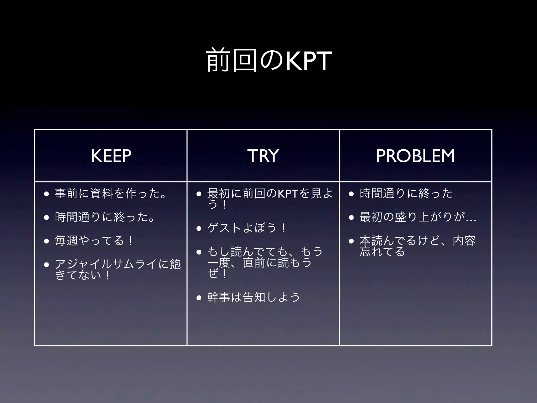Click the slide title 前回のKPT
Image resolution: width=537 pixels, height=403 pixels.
(269, 61)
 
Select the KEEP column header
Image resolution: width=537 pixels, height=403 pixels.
(111, 156)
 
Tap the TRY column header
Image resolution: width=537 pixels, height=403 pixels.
(263, 156)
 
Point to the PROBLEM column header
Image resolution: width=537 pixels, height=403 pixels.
(415, 156)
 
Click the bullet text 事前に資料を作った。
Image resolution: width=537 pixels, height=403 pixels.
(110, 194)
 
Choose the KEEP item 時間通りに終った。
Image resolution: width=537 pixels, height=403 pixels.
(104, 217)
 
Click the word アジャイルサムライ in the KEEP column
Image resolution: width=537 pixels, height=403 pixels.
(106, 264)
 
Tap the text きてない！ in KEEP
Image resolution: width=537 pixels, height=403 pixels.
(82, 275)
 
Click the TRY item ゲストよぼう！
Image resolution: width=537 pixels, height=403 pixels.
(246, 228)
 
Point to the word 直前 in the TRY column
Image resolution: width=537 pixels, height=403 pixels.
(254, 263)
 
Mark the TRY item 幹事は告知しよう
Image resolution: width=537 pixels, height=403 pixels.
(253, 297)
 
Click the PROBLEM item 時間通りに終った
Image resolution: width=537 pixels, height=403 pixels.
(406, 194)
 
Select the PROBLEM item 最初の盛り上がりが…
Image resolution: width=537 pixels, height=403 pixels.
(418, 217)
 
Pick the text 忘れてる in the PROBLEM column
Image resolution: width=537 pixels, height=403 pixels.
(382, 251)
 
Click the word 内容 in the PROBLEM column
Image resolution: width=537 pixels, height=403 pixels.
(464, 240)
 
